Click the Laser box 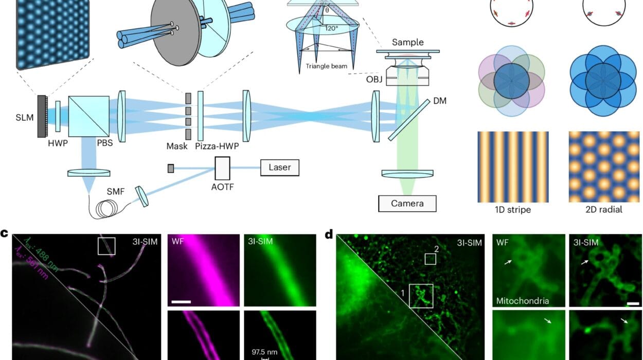coord(279,168)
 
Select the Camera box coord(407,204)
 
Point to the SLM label coord(25,118)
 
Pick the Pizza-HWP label coord(217,146)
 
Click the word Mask coord(176,146)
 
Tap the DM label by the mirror coord(440,101)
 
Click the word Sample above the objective coord(407,42)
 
